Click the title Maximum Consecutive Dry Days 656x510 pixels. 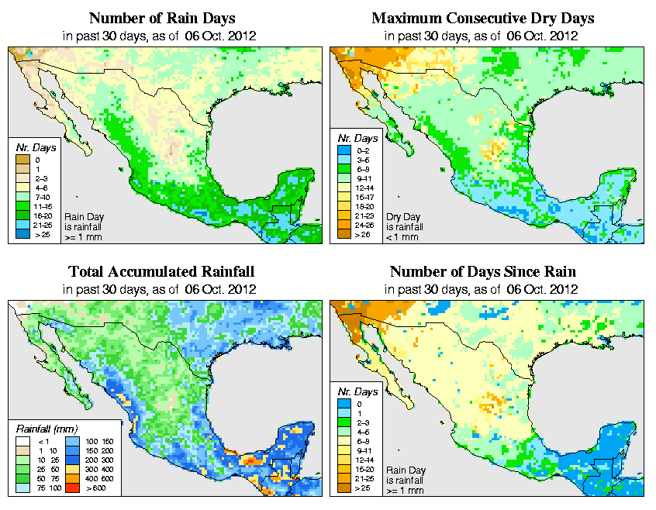[x=482, y=17]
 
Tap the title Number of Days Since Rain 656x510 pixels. [x=482, y=271]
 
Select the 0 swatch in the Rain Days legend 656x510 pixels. [x=19, y=160]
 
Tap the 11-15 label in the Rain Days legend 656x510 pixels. [x=43, y=206]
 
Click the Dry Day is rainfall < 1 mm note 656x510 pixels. [x=408, y=226]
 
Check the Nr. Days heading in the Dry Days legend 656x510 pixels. [x=354, y=137]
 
